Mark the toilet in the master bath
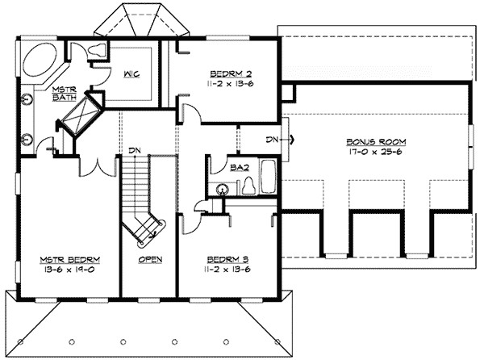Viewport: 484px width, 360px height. [x=98, y=50]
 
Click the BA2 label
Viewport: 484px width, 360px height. [x=237, y=169]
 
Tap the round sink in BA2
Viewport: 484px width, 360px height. [x=220, y=189]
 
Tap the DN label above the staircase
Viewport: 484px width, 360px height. [x=136, y=149]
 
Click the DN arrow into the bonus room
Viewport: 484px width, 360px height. [x=278, y=139]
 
